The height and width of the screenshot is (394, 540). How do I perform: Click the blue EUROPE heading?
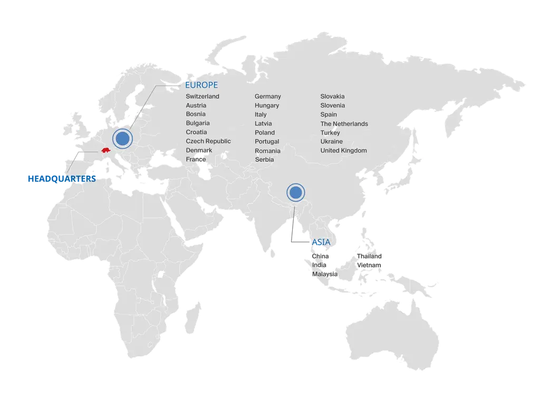(x=202, y=85)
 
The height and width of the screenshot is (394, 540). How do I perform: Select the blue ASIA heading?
(x=321, y=242)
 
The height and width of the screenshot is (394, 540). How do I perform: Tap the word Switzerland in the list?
(x=202, y=97)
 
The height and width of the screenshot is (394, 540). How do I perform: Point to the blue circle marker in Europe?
(x=122, y=139)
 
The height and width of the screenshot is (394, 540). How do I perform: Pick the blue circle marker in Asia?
(x=295, y=193)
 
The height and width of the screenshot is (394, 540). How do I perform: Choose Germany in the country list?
(x=268, y=97)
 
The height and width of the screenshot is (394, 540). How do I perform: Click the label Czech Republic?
(x=208, y=141)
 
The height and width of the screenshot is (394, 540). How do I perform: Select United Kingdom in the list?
(x=343, y=150)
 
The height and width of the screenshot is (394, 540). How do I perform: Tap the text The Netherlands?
(x=344, y=124)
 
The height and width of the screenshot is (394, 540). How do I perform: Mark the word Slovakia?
(x=332, y=97)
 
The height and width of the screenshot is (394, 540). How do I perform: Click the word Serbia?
(x=265, y=159)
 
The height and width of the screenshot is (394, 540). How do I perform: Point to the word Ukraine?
(x=331, y=141)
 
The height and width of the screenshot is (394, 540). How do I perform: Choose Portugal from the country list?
(x=267, y=141)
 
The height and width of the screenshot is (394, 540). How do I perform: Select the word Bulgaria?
(x=198, y=123)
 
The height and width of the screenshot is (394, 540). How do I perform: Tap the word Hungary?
(x=267, y=105)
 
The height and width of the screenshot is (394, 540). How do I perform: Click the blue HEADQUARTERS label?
(x=61, y=179)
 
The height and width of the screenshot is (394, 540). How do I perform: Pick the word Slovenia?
(x=332, y=105)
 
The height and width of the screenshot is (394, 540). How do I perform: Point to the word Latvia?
(x=263, y=123)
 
